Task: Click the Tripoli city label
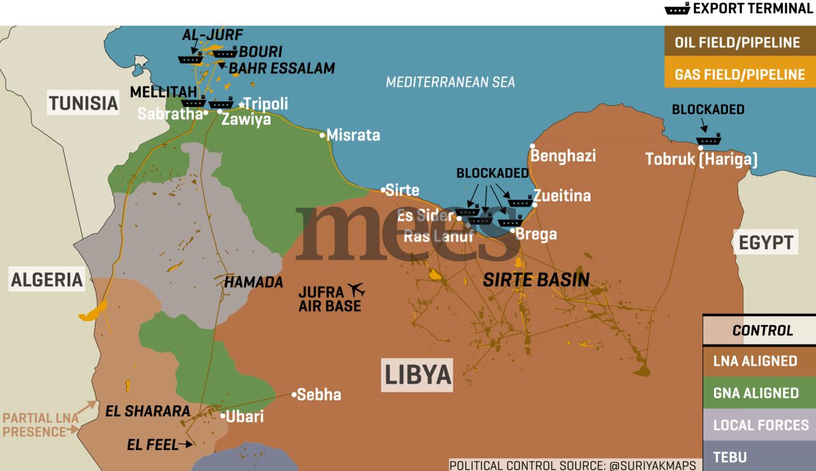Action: click(x=266, y=104)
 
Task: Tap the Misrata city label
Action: click(x=353, y=135)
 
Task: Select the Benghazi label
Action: click(x=564, y=156)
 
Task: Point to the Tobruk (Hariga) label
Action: click(x=701, y=159)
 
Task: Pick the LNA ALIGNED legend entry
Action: click(x=755, y=361)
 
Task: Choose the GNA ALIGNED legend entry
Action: click(x=755, y=393)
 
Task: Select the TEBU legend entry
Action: click(x=731, y=456)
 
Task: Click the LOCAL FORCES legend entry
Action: click(x=760, y=425)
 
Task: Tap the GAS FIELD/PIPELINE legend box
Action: click(x=739, y=75)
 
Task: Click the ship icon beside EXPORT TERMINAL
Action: click(x=677, y=9)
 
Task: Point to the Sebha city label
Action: click(x=319, y=395)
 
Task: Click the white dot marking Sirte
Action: click(x=383, y=190)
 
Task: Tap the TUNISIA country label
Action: click(x=84, y=103)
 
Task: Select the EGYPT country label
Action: click(x=766, y=242)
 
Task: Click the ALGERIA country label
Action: click(x=47, y=279)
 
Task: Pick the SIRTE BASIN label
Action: click(x=536, y=279)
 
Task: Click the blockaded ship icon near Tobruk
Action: click(x=708, y=140)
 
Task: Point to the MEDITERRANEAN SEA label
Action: click(x=450, y=82)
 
